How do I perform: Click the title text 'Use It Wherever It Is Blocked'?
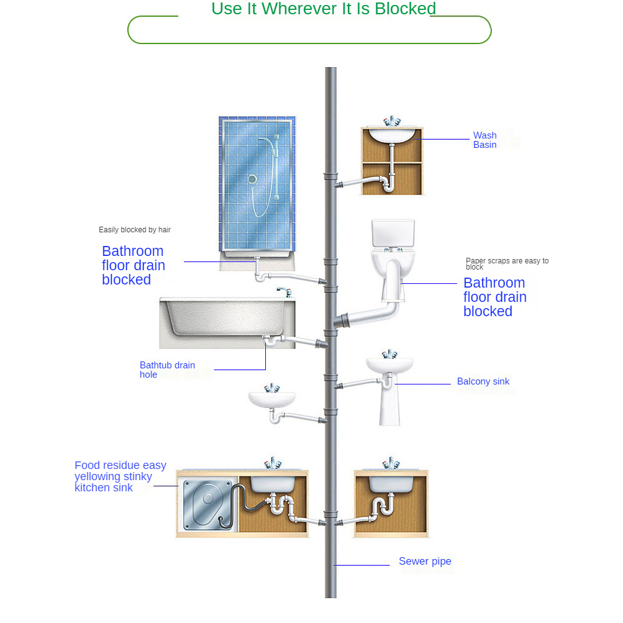click(x=324, y=9)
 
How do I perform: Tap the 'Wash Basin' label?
click(x=484, y=140)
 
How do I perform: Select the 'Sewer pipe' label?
click(x=425, y=562)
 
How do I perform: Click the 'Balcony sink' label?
click(x=483, y=381)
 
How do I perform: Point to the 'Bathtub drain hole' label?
click(x=167, y=370)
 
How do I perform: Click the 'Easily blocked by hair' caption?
click(x=135, y=230)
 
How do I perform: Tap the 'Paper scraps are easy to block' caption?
click(x=507, y=263)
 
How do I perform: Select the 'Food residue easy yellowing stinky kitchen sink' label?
click(x=121, y=476)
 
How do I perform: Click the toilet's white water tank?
click(x=393, y=233)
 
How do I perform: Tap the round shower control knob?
click(x=252, y=179)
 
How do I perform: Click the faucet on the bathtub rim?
click(x=284, y=291)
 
